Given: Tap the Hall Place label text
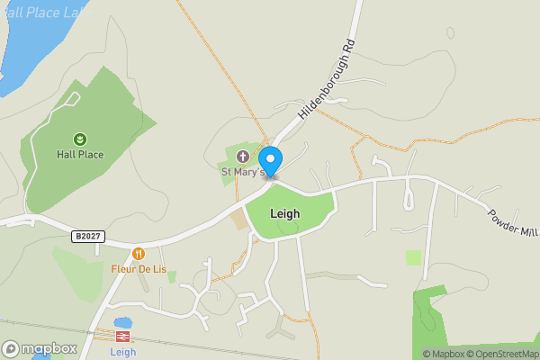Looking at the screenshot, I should [x=80, y=155].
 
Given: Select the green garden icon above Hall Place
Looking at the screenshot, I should [x=80, y=139].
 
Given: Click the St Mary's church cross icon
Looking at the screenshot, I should [x=241, y=157].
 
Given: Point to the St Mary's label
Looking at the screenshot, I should [x=243, y=171].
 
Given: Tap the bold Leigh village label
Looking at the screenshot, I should [x=284, y=214].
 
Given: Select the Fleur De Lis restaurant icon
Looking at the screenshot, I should [x=138, y=255].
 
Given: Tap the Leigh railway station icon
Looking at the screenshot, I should [x=123, y=336].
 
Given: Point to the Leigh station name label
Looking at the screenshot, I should [x=123, y=352].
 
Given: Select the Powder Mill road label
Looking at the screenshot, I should [x=512, y=222].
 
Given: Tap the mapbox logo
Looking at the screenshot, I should [x=40, y=348].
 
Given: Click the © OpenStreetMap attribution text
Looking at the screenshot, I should [x=501, y=354].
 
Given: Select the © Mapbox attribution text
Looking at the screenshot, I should [x=443, y=354].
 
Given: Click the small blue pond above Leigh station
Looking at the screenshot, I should [x=123, y=322].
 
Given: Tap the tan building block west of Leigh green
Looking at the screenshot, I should [x=238, y=220].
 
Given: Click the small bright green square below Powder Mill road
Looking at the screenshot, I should [x=413, y=257].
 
